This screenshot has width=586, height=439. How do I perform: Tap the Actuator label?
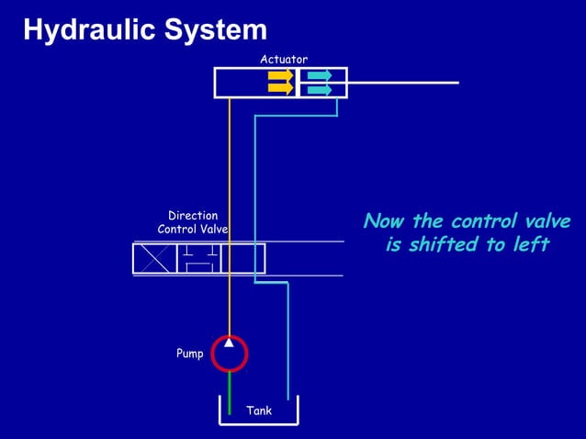[284, 59]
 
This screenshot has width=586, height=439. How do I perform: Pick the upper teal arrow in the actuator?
[320, 75]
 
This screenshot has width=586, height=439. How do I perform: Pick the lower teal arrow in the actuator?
[320, 89]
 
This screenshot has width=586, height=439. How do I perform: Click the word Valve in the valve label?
[213, 230]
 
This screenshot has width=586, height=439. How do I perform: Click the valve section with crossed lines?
[154, 258]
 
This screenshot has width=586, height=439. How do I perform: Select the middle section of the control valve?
[198, 258]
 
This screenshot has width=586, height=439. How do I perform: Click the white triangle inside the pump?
[229, 343]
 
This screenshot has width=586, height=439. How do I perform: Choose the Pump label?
[190, 354]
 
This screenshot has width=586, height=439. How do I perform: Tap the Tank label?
[259, 411]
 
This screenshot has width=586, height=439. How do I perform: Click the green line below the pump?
[229, 393]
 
